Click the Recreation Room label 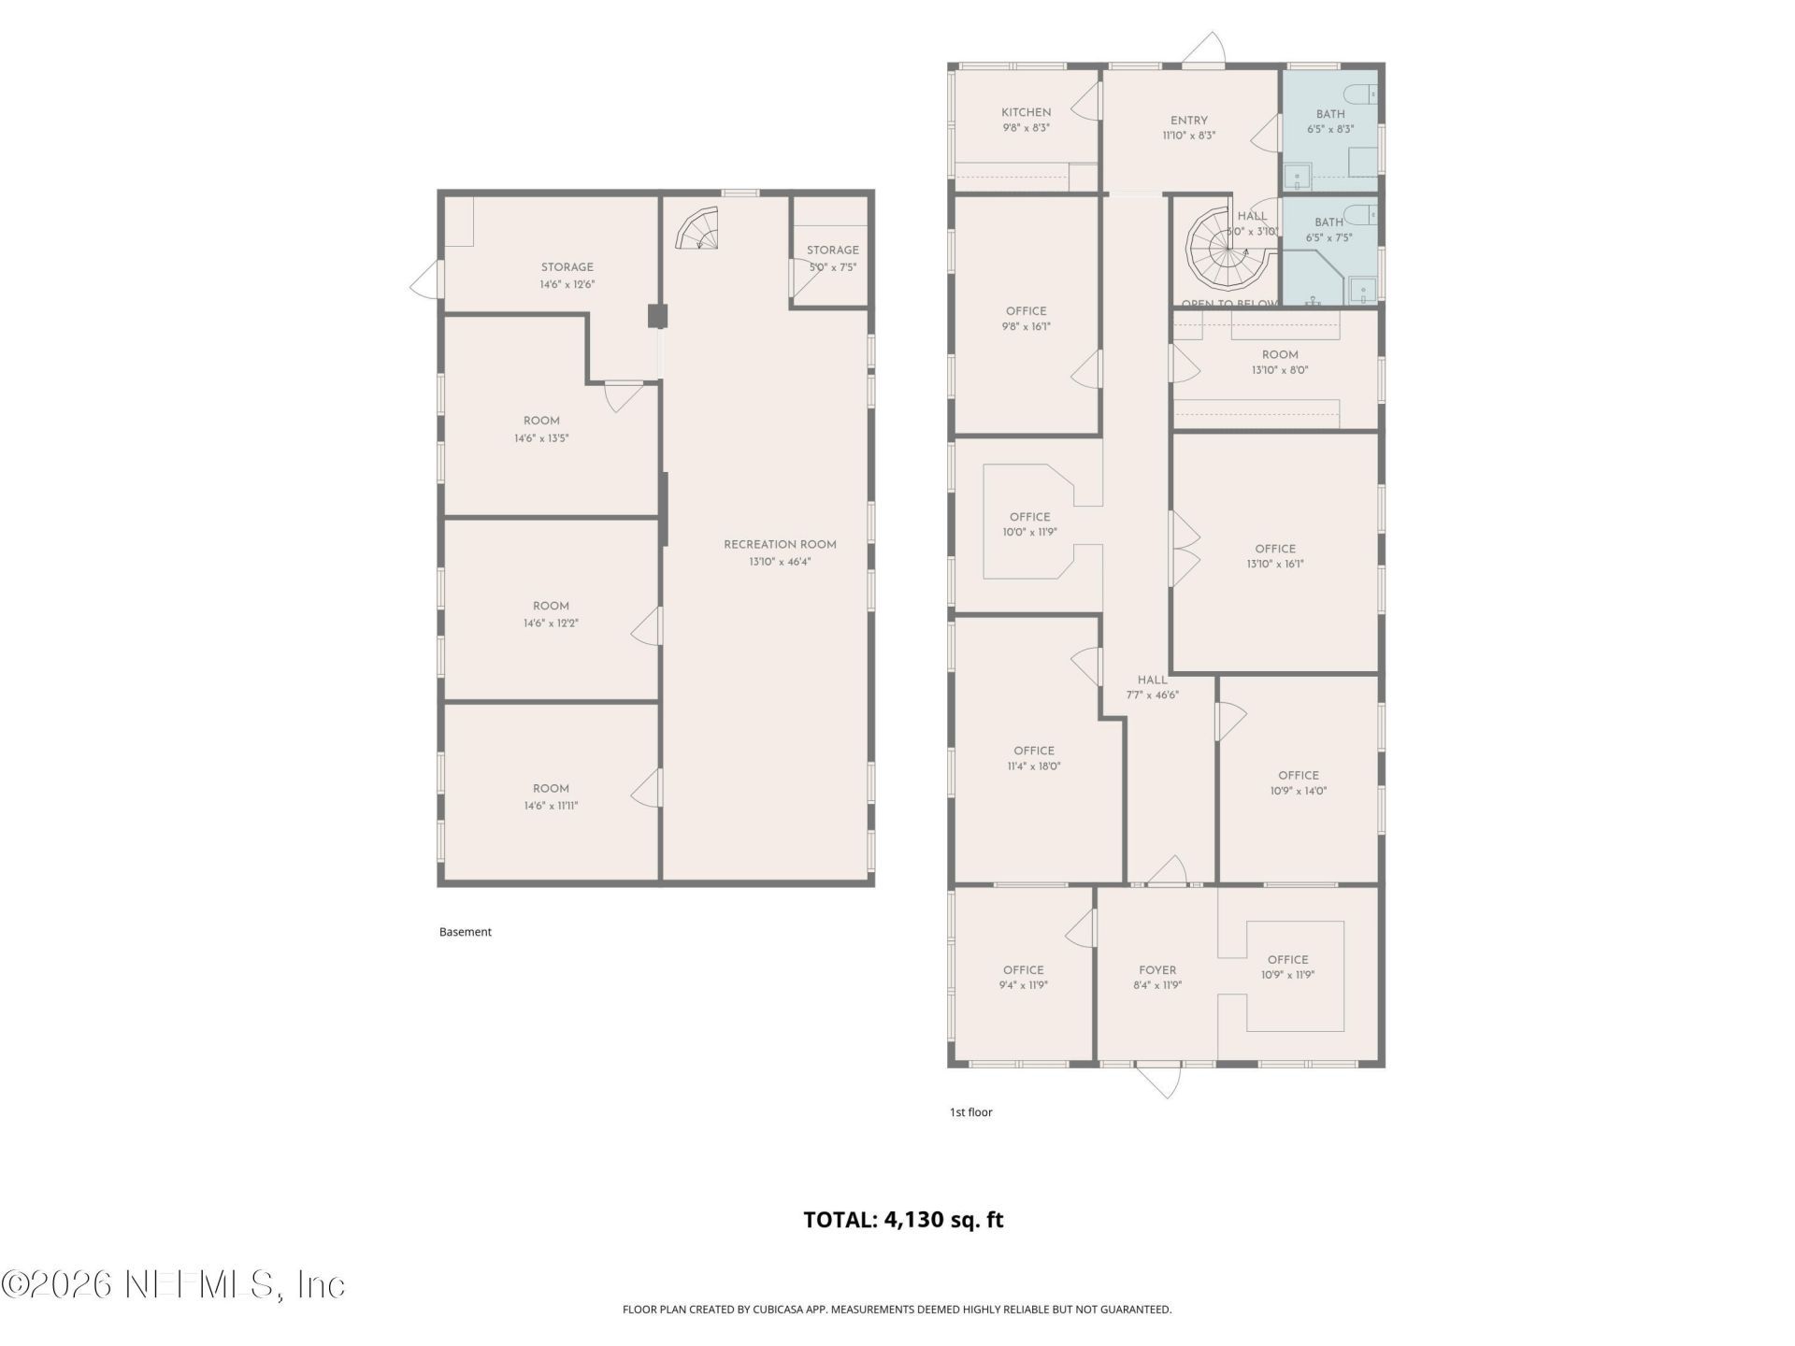click(780, 544)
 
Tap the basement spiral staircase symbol click(697, 230)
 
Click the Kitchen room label click(1026, 112)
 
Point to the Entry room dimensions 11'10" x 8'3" click(1188, 136)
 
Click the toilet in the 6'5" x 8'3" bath click(1360, 93)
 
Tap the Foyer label click(1157, 970)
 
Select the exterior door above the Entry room click(1206, 50)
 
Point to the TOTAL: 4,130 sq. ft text click(903, 1220)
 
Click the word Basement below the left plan click(465, 932)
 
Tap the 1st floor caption click(970, 1112)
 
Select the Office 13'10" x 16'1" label click(1275, 549)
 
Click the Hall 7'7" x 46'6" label click(1152, 680)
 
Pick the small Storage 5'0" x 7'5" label click(832, 251)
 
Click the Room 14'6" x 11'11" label click(551, 789)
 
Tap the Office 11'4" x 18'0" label click(1033, 751)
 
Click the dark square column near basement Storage click(658, 316)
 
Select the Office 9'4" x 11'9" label click(1023, 970)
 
